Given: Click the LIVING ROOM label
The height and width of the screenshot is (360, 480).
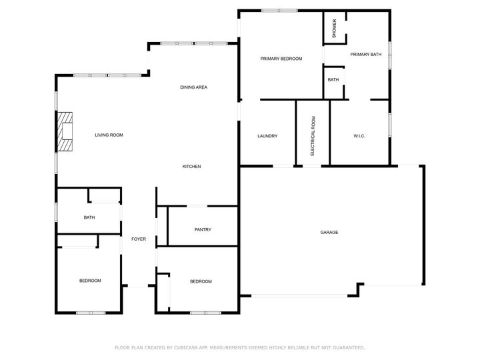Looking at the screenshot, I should click(109, 135).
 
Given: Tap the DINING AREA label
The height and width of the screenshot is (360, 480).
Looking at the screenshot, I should click(193, 87).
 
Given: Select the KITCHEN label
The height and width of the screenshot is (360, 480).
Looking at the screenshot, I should click(192, 167).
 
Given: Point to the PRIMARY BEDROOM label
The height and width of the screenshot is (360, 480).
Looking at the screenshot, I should click(281, 59).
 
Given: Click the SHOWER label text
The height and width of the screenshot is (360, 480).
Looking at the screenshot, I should click(334, 29).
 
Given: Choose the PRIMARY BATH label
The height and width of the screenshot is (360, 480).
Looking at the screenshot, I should click(365, 55).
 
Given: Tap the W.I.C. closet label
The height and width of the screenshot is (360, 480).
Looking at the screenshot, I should click(359, 136).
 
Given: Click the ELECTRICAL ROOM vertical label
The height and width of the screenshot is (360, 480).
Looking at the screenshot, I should click(313, 136).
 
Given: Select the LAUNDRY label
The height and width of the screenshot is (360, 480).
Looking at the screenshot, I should click(267, 136).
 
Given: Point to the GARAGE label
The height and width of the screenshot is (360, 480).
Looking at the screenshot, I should click(329, 233).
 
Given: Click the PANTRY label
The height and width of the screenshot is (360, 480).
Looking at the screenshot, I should click(203, 230).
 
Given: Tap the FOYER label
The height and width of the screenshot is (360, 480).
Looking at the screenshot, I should click(139, 239).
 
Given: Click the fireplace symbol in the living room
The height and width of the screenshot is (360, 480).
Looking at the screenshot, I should click(64, 133).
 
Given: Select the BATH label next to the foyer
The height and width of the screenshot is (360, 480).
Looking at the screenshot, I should click(89, 218).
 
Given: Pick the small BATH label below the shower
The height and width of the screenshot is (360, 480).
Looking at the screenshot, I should click(333, 80).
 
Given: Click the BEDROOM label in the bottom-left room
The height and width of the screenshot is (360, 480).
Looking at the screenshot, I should click(90, 281).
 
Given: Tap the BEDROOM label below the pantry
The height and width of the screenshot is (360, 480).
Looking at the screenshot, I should click(201, 281).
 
